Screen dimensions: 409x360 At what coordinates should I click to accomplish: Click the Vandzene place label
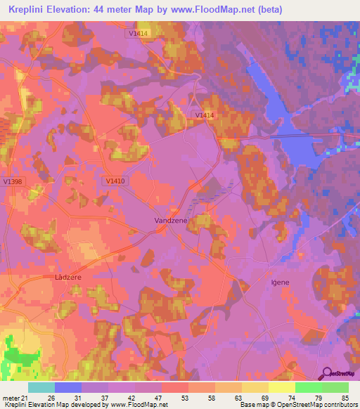(x=170, y=220)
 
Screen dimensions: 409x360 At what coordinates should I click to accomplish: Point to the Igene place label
(x=280, y=283)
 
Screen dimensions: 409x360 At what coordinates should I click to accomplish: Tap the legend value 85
(x=344, y=396)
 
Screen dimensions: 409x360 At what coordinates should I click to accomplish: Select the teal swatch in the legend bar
(x=41, y=387)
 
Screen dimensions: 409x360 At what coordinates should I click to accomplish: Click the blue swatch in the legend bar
(x=68, y=387)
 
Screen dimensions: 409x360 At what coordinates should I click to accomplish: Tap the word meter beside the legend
(x=11, y=396)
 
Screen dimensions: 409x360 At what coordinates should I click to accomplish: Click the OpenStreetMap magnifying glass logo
(x=326, y=373)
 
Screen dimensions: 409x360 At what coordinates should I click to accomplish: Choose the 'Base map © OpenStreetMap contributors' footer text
(x=297, y=405)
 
